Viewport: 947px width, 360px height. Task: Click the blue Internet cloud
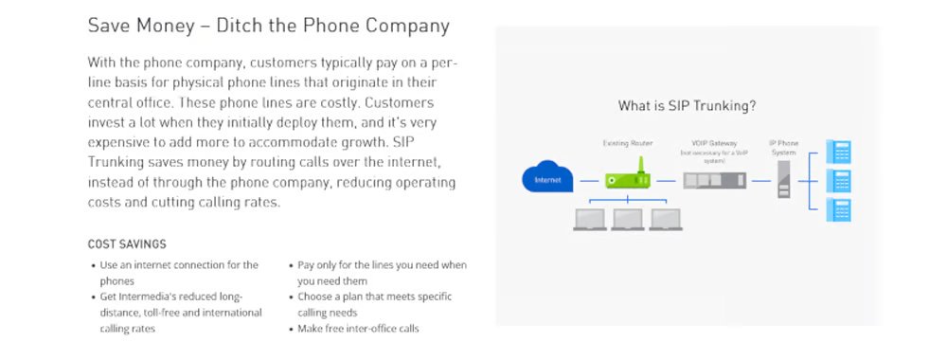543,177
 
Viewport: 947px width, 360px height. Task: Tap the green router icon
629,179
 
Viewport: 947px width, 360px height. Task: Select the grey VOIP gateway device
712,179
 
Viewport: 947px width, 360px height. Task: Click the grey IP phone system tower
783,179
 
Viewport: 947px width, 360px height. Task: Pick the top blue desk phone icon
839,152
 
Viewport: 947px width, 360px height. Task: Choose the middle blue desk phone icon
839,180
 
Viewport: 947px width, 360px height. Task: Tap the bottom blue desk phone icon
839,209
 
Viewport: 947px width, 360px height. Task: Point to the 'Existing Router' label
629,143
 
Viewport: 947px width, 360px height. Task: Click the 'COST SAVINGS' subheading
127,244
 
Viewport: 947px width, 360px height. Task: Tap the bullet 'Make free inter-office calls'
358,329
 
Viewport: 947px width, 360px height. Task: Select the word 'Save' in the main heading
108,26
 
